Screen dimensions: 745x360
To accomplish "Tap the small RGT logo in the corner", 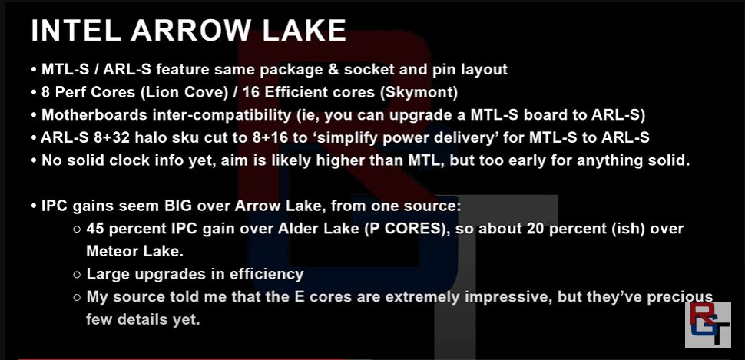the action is pyautogui.click(x=707, y=325).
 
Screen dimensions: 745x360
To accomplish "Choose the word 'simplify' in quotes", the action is pyautogui.click(x=345, y=138).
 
